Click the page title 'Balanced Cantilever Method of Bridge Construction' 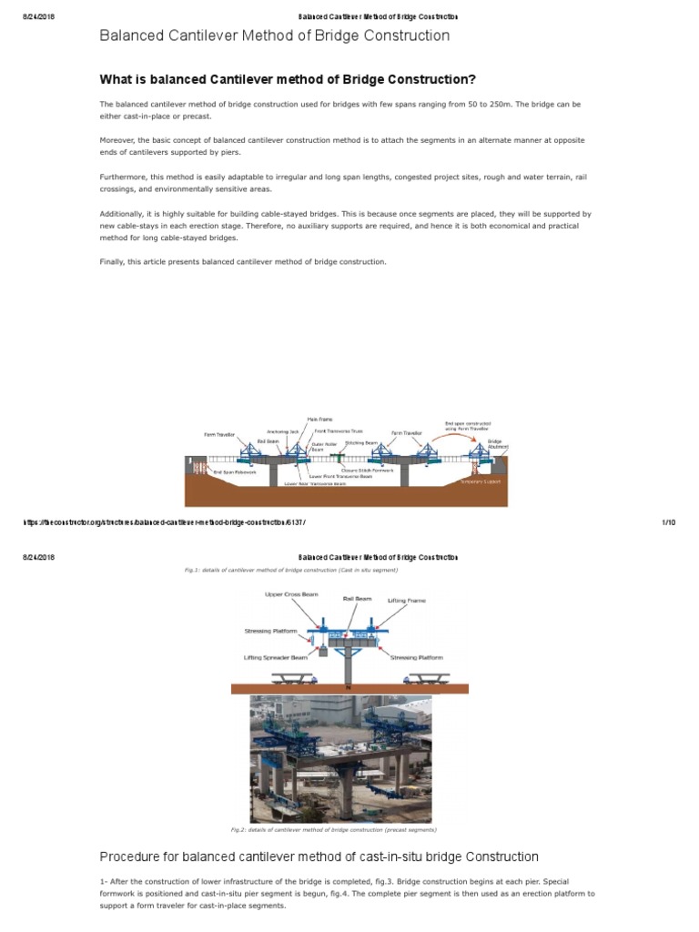274,35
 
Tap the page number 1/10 667,522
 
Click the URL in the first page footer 163,522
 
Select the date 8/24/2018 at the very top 38,17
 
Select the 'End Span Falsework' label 234,471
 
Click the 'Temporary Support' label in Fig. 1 481,481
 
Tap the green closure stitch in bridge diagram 339,455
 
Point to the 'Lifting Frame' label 406,601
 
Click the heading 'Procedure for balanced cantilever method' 319,857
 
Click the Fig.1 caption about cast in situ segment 291,571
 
